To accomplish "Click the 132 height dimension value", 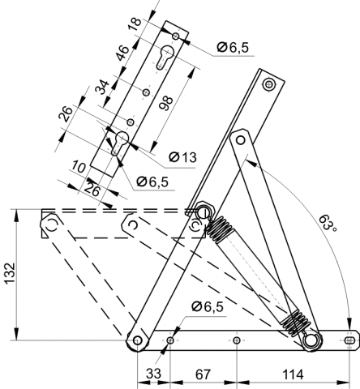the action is coord(10,273).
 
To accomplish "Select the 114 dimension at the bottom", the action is coord(293,374).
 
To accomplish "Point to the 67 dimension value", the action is coord(203,374).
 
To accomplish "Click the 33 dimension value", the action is coord(153,374).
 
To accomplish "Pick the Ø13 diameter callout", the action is coord(182,157).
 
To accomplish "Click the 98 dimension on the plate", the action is coord(165,103).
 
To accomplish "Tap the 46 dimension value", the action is coord(122,53).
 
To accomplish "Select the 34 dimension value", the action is coord(103,87).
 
